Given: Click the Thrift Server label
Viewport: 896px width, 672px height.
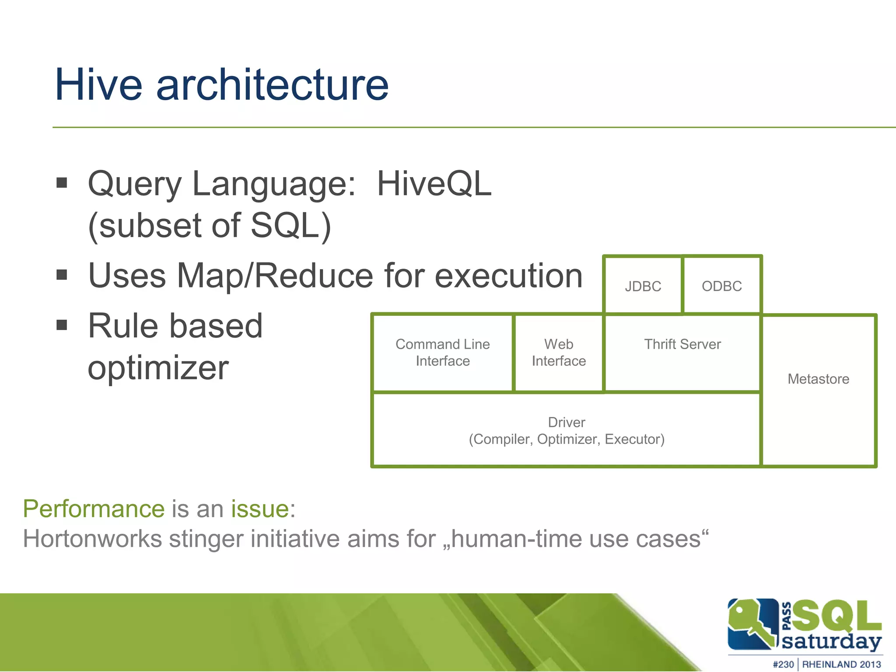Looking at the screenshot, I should click(x=682, y=344).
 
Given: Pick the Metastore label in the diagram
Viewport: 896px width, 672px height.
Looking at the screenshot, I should click(x=818, y=379).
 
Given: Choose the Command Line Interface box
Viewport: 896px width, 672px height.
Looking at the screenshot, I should click(x=442, y=353).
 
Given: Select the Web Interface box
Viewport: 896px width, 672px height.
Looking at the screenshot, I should click(x=559, y=353).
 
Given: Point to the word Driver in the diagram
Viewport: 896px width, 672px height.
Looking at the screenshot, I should click(x=567, y=422).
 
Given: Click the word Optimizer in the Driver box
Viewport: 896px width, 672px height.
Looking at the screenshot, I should click(x=567, y=439).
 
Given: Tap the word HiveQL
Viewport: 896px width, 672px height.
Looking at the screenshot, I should click(x=434, y=184).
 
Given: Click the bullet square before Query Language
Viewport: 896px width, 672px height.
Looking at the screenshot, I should click(x=62, y=182).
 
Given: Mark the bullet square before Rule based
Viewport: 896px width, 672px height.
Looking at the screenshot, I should click(x=62, y=325).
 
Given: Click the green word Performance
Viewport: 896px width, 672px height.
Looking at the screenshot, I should click(x=94, y=509).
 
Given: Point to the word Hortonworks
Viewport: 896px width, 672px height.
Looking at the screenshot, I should click(x=92, y=539).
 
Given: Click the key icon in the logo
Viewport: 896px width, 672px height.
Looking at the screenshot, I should click(x=752, y=623).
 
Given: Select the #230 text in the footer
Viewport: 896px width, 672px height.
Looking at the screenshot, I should click(x=783, y=664).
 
